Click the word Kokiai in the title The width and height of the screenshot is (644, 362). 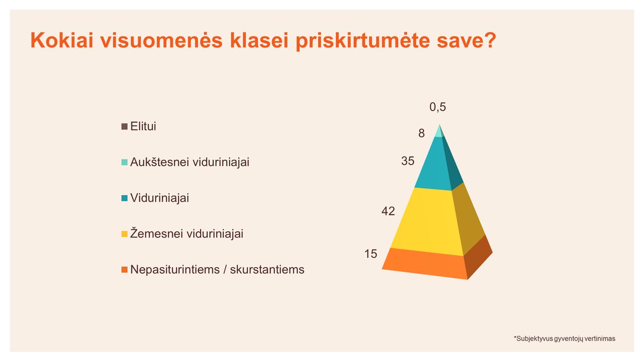pyautogui.click(x=62, y=40)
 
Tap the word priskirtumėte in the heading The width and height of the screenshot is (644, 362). pyautogui.click(x=363, y=41)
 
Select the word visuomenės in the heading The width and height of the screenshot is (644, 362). pyautogui.click(x=162, y=40)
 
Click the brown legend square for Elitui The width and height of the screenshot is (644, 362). pyautogui.click(x=124, y=127)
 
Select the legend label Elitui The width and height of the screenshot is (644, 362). pyautogui.click(x=143, y=126)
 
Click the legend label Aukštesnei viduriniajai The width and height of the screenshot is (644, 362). pyautogui.click(x=190, y=162)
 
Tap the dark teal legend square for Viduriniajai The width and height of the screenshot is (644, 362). pyautogui.click(x=124, y=198)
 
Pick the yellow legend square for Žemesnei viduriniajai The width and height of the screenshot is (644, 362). pyautogui.click(x=124, y=234)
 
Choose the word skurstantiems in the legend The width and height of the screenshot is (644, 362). pyautogui.click(x=267, y=269)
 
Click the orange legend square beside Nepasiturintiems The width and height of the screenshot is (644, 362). pyautogui.click(x=124, y=269)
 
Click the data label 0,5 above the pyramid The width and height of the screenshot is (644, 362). pyautogui.click(x=437, y=107)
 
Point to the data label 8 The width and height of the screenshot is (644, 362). pyautogui.click(x=421, y=134)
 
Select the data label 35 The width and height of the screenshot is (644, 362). pyautogui.click(x=408, y=161)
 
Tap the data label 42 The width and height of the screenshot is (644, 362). pyautogui.click(x=388, y=211)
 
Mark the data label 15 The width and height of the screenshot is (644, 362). pyautogui.click(x=371, y=254)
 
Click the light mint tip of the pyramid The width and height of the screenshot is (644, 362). pyautogui.click(x=440, y=132)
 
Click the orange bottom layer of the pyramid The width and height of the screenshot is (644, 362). pyautogui.click(x=426, y=263)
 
